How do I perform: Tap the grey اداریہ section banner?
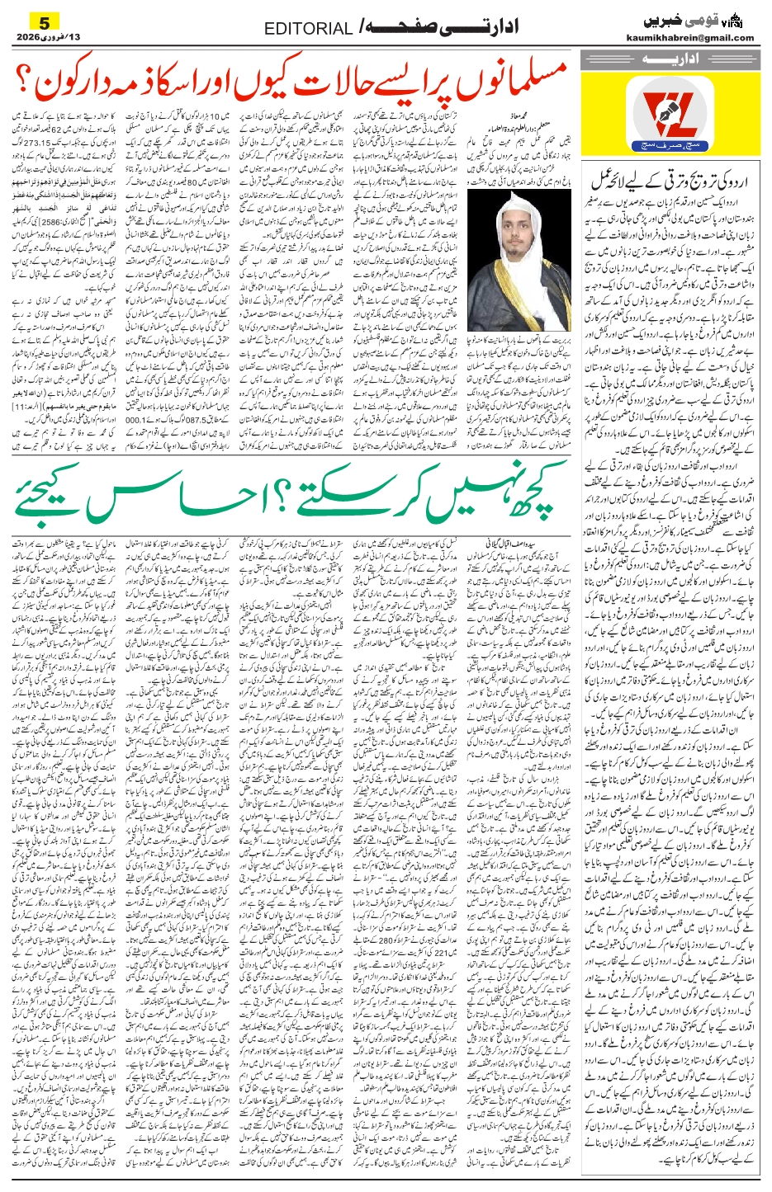coord(668,59)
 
